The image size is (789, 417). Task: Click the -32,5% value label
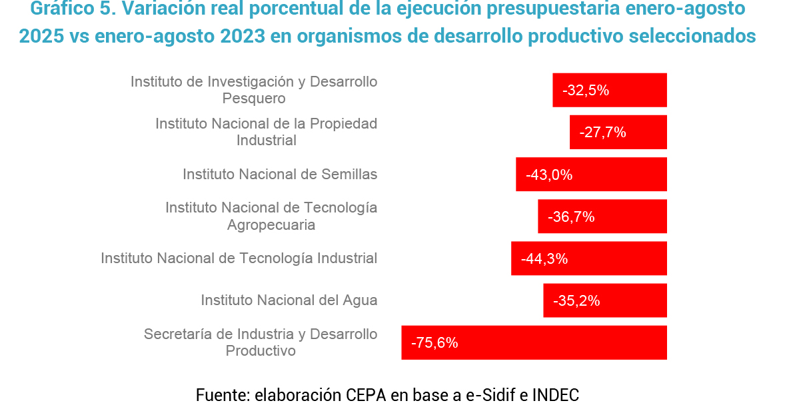click(586, 91)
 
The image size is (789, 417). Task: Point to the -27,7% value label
click(602, 133)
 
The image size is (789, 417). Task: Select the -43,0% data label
click(549, 175)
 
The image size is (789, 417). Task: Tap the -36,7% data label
click(571, 217)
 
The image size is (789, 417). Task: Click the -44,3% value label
click(544, 259)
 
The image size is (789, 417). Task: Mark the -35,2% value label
click(576, 301)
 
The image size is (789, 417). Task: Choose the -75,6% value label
click(434, 343)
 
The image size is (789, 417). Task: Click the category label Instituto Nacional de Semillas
click(280, 175)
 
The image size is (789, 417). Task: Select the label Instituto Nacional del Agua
click(289, 300)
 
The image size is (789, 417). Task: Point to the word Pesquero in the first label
click(254, 99)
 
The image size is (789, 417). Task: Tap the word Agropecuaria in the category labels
click(271, 225)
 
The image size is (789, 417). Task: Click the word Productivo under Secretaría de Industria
click(261, 351)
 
